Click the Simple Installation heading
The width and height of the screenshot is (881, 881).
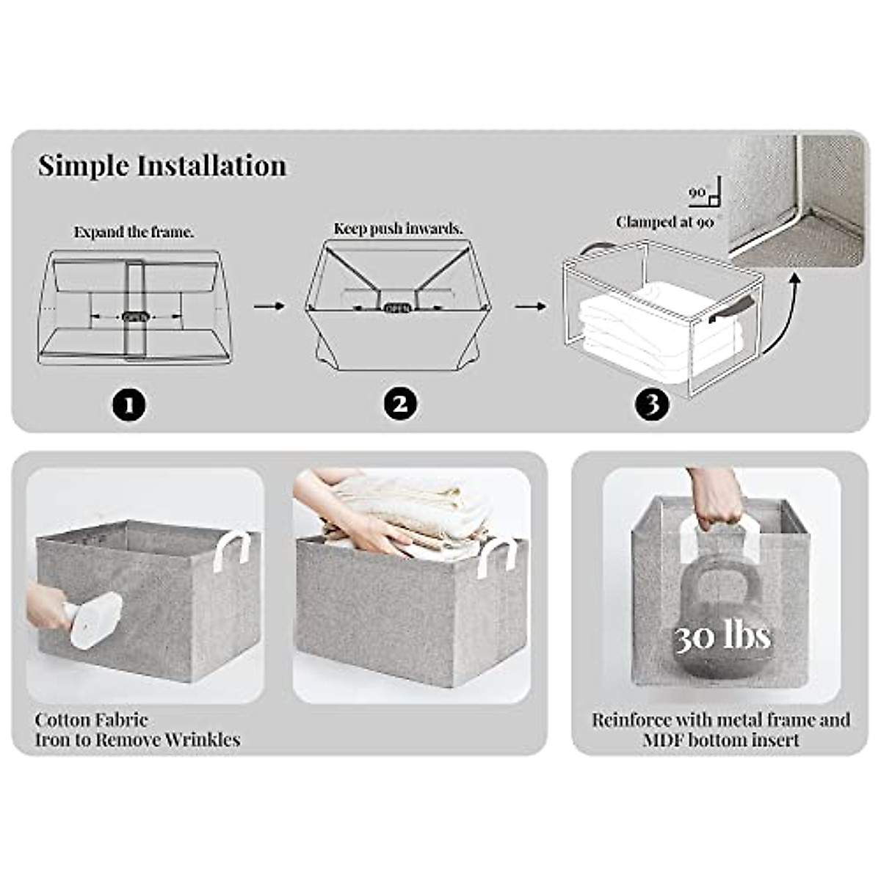(x=162, y=166)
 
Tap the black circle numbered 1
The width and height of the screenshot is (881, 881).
(x=129, y=405)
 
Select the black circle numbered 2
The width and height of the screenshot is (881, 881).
(x=400, y=405)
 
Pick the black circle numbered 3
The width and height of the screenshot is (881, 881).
(x=653, y=405)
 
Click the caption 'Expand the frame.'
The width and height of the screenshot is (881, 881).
(x=134, y=232)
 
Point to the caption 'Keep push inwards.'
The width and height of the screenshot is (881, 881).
(x=398, y=228)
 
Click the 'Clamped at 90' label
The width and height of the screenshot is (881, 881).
(x=664, y=222)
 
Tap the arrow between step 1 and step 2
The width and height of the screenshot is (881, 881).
(x=269, y=305)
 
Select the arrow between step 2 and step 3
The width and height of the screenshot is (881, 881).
(x=530, y=305)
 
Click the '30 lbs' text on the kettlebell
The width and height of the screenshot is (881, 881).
(x=722, y=637)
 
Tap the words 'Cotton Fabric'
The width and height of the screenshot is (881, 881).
(x=91, y=719)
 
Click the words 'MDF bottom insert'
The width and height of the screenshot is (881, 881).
(x=721, y=740)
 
